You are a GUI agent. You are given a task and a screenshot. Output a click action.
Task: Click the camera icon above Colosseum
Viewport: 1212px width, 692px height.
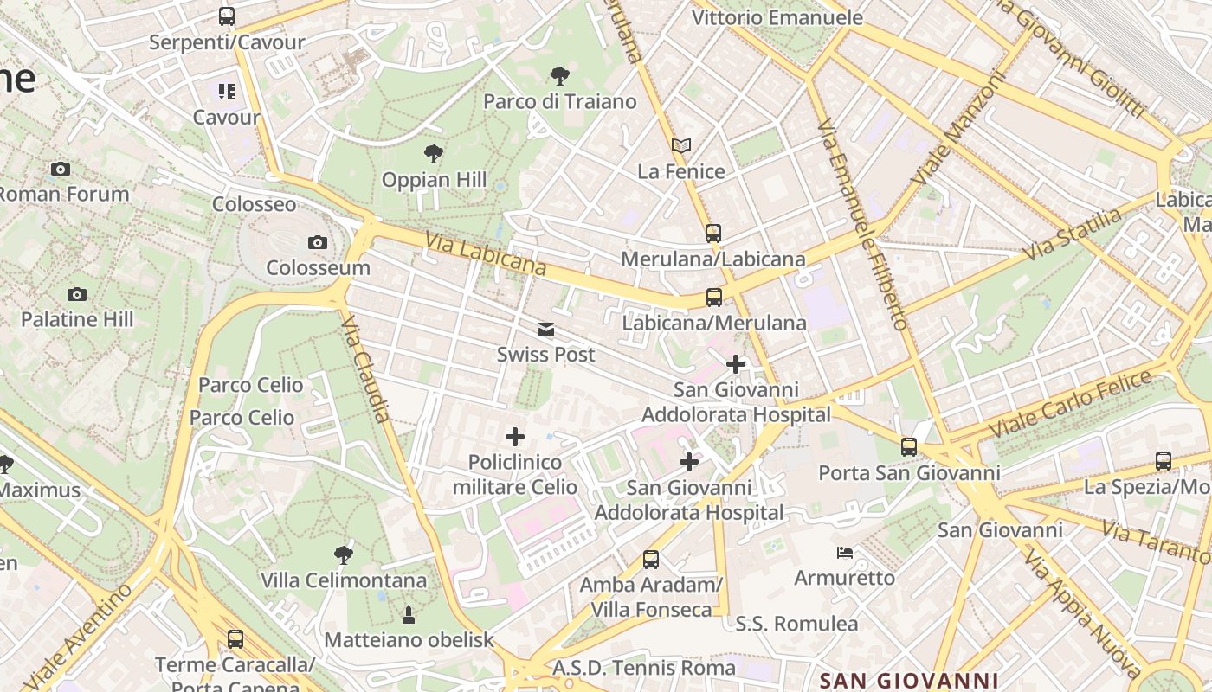[x=318, y=243]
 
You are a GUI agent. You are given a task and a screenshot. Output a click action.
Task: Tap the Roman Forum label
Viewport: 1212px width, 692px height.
[x=63, y=194]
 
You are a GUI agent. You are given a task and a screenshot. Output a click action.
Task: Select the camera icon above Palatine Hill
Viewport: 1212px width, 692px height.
[x=77, y=295]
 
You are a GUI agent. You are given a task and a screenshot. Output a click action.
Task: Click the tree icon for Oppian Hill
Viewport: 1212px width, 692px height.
[x=434, y=155]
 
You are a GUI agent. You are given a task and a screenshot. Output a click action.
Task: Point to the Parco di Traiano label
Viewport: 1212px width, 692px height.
[x=559, y=101]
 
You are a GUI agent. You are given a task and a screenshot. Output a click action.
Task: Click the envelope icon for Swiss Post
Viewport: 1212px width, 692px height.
[x=545, y=330]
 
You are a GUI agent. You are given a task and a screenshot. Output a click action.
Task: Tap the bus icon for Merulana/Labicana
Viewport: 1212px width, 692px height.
[x=712, y=234]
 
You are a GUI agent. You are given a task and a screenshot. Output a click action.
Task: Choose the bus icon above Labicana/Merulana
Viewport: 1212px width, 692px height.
[x=714, y=298]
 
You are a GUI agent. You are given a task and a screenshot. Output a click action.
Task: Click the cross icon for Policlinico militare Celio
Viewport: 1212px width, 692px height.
[x=515, y=437]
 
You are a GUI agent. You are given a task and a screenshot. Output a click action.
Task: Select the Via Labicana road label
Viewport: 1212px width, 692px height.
[x=486, y=252]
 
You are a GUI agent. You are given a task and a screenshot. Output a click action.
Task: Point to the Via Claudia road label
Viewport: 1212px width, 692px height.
[x=366, y=368]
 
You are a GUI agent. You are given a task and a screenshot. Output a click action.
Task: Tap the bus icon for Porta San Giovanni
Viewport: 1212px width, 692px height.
[x=909, y=447]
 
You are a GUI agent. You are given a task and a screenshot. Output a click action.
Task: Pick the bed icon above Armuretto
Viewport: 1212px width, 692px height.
[x=845, y=552]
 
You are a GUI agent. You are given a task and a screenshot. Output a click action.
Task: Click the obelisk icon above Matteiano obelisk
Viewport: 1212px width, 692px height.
[x=409, y=615]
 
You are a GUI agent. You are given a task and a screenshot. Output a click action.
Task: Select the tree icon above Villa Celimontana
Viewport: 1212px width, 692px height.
[x=344, y=554]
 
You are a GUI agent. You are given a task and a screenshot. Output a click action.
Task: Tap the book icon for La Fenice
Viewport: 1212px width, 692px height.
[x=681, y=146]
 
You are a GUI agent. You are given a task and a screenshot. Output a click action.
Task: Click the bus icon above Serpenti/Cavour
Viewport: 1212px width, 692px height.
[x=226, y=16]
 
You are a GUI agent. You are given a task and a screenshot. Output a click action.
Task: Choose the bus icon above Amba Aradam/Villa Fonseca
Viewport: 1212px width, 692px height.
[x=651, y=560]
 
